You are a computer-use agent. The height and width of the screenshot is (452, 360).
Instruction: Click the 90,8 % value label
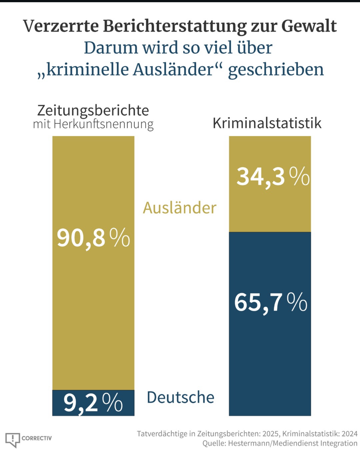tap(93, 238)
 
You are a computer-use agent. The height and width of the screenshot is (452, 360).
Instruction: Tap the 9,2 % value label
tap(93, 403)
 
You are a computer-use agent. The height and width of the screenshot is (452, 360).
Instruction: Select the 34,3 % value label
tap(273, 177)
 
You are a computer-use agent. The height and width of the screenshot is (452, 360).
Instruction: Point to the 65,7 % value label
tap(271, 303)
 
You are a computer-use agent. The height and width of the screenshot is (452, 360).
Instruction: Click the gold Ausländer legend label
tap(179, 208)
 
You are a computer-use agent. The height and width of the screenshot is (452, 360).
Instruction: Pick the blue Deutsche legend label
tap(181, 397)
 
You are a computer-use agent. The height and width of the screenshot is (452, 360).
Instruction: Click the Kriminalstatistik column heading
tap(267, 123)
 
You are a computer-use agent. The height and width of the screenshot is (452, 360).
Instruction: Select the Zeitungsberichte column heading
tap(93, 110)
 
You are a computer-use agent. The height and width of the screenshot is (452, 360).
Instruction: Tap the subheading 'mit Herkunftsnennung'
tap(93, 124)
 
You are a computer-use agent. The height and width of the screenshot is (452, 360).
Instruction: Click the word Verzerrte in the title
tap(61, 26)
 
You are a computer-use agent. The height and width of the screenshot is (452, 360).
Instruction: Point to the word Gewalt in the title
tap(309, 26)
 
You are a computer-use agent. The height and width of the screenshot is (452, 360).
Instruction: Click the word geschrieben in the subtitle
tap(276, 69)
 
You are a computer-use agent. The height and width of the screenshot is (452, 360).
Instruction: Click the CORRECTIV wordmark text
tap(37, 438)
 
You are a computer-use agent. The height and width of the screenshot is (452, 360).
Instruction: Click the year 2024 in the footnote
tap(349, 434)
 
